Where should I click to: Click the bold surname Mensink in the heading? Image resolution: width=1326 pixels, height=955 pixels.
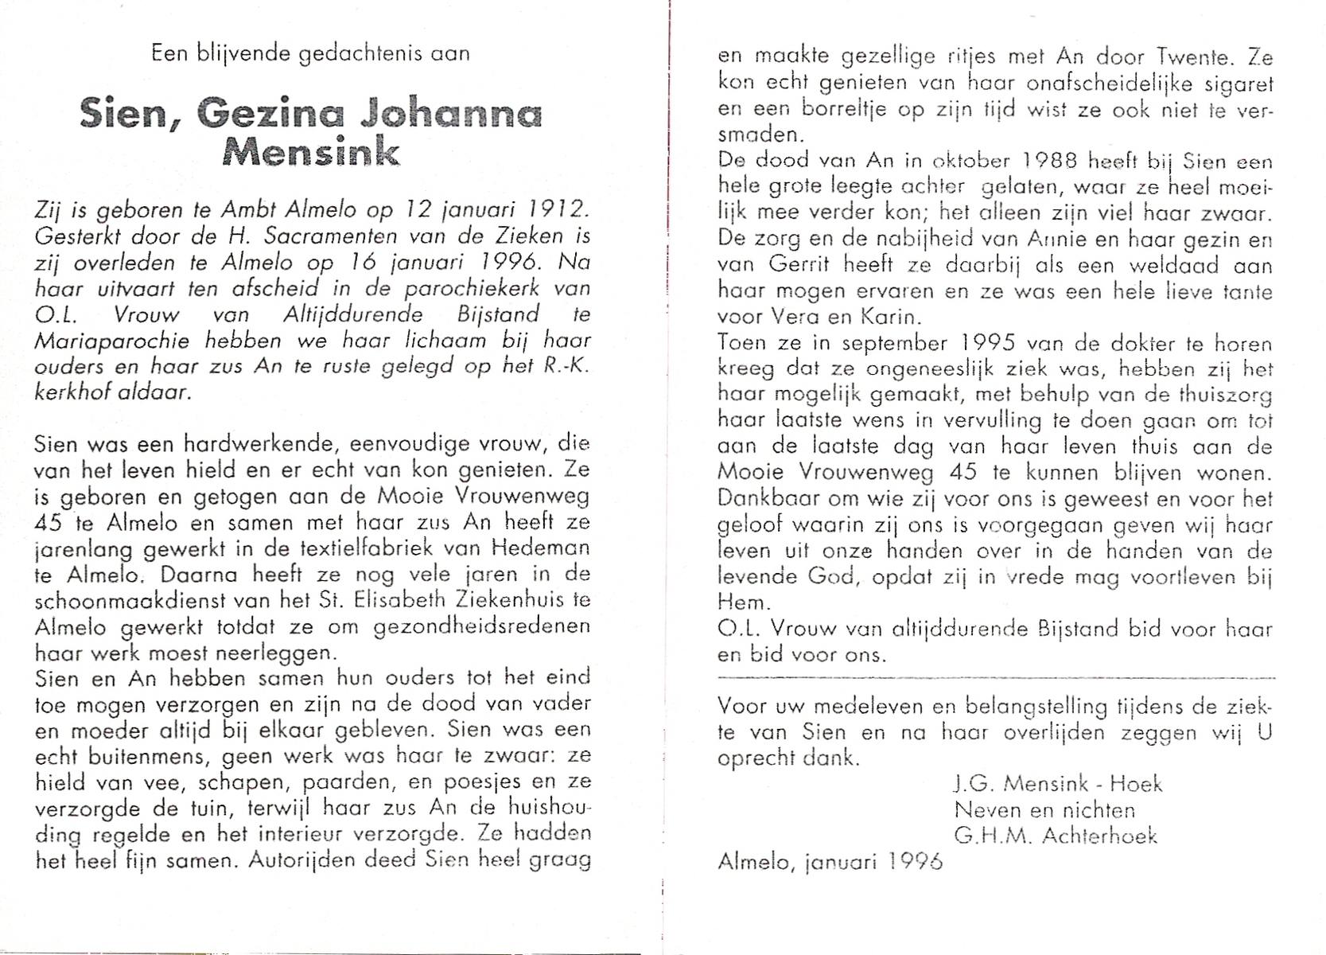click(311, 151)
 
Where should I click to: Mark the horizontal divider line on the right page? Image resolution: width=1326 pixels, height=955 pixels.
click(994, 677)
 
